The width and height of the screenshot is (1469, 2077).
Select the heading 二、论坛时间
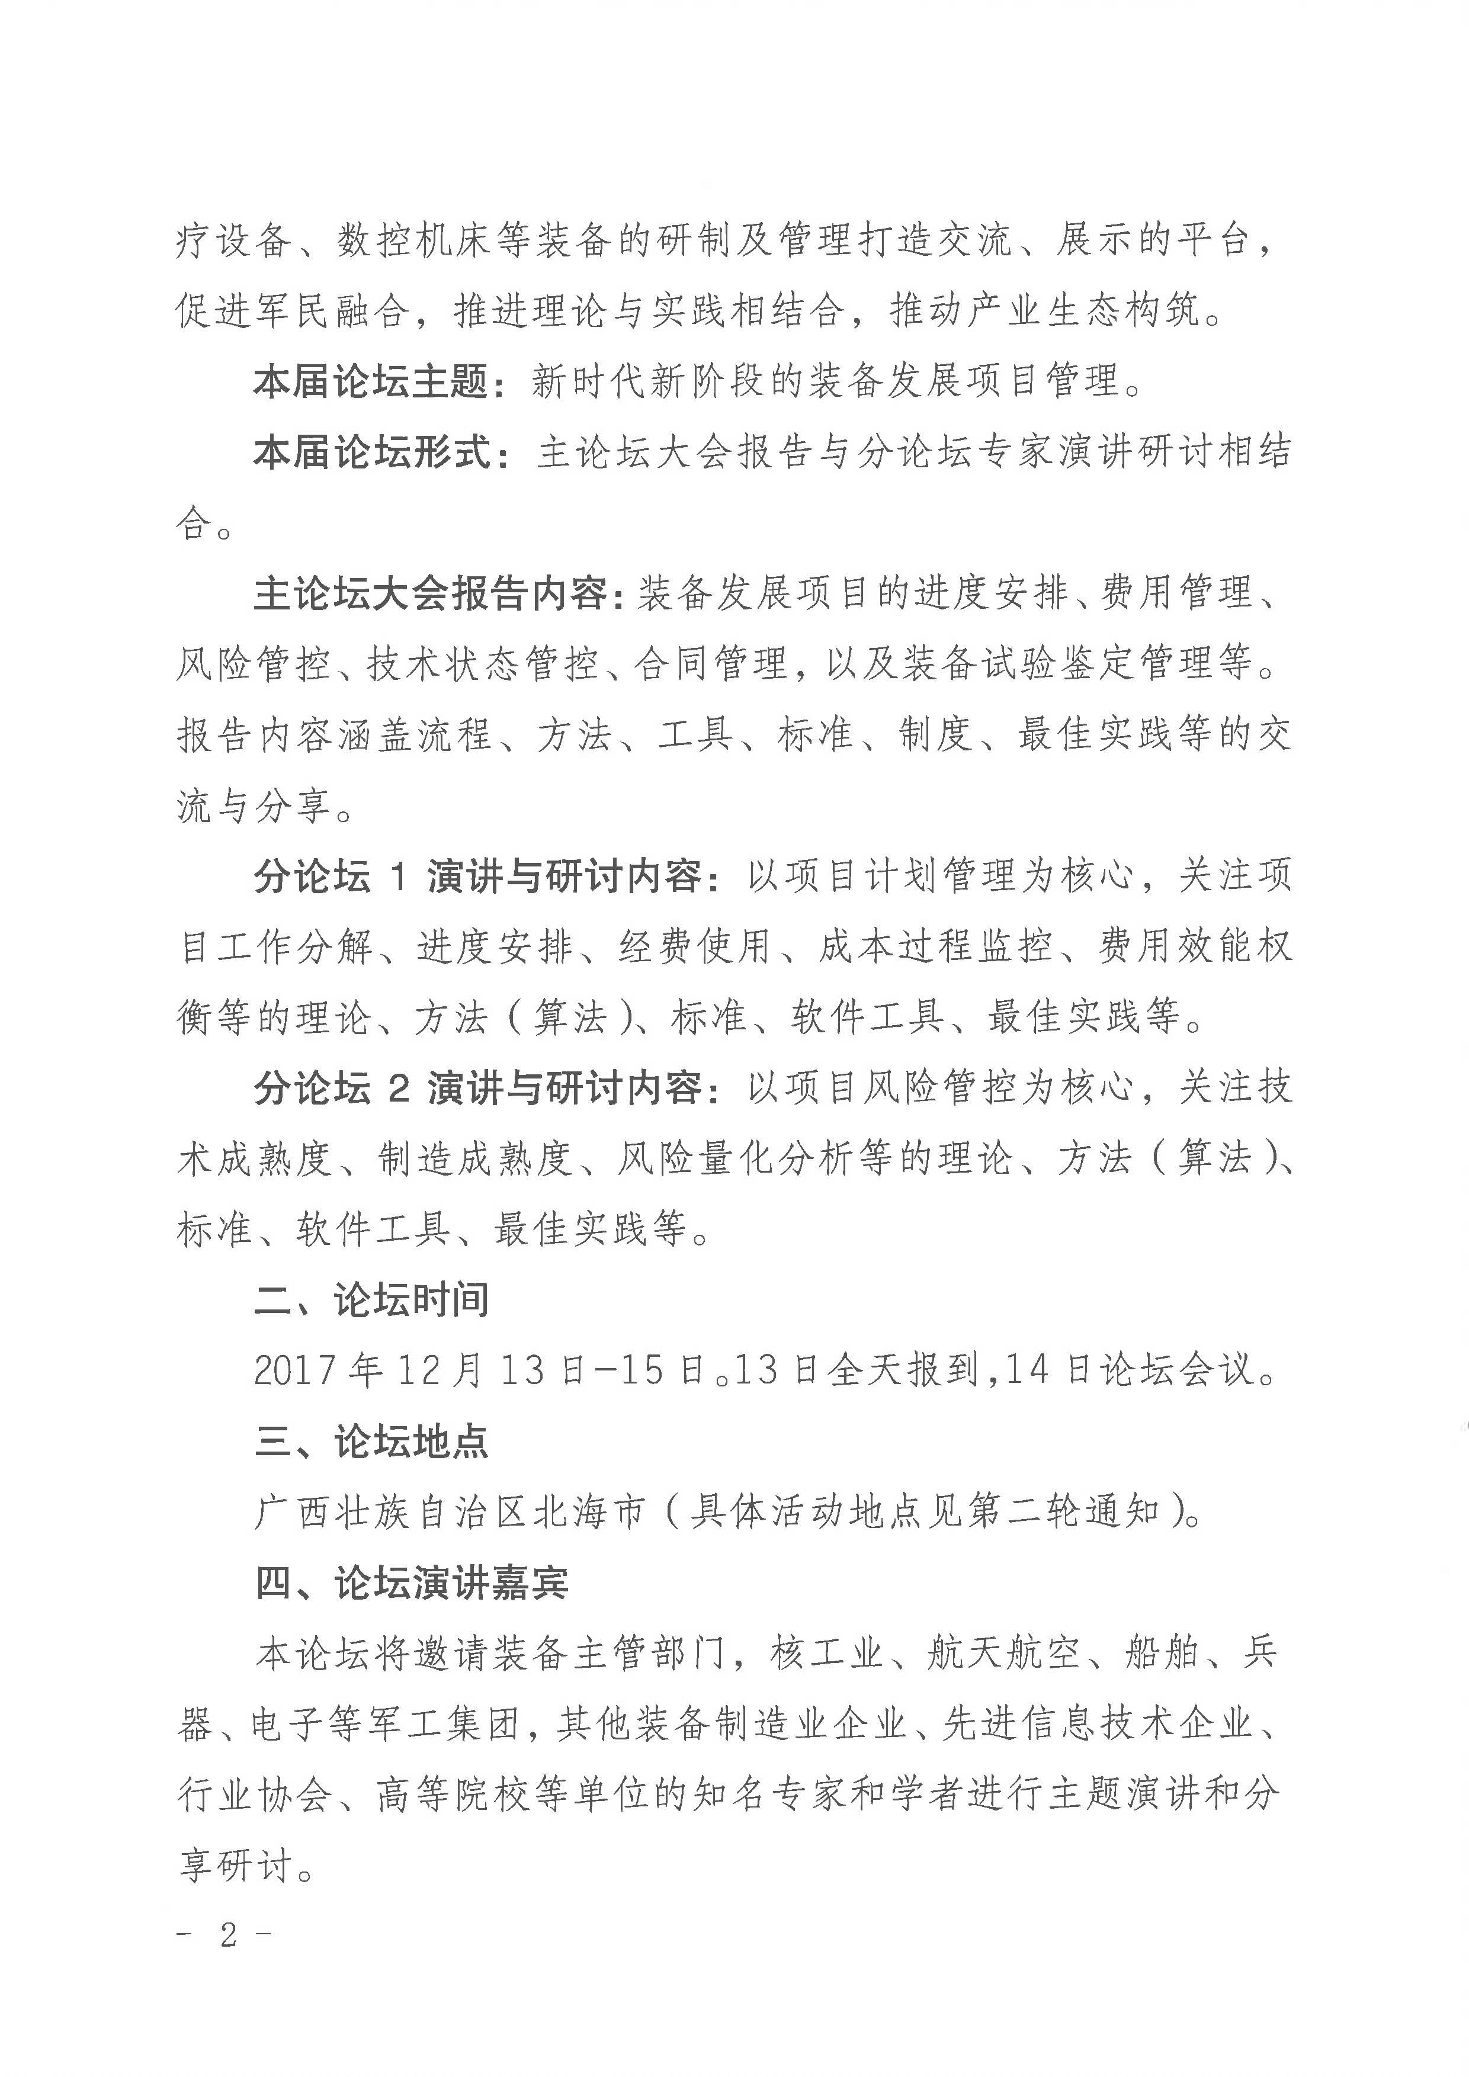click(371, 1301)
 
